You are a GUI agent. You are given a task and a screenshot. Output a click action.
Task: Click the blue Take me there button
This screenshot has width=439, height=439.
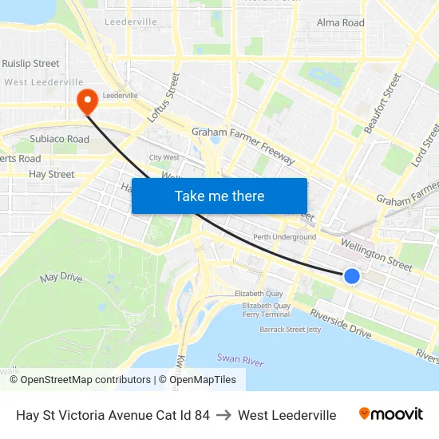click(219, 196)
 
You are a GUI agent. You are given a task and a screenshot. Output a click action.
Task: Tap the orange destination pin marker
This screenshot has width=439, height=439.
click(86, 101)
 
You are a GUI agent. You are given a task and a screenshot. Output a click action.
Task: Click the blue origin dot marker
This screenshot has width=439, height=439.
click(351, 276)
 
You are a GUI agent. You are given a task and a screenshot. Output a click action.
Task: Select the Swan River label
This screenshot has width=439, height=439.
click(239, 361)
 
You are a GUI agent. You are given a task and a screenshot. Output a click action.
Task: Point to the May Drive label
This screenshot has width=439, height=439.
click(61, 278)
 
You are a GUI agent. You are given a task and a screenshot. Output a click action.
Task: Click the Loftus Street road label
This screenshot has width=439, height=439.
click(164, 97)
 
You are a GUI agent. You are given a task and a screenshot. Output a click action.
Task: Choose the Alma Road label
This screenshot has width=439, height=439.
click(341, 22)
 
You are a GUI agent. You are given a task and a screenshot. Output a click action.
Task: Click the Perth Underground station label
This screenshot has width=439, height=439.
click(284, 237)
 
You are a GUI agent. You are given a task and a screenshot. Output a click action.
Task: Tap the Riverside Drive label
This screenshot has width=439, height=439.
click(341, 322)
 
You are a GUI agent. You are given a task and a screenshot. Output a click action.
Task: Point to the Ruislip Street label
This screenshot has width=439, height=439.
click(30, 63)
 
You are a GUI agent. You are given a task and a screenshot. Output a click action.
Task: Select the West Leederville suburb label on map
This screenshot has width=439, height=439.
click(44, 81)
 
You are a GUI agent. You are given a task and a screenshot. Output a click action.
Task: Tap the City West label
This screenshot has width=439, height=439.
click(164, 158)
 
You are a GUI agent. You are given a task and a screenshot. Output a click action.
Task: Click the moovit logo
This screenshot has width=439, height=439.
click(391, 414)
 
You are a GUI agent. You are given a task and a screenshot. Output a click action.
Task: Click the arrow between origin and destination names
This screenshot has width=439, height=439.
click(223, 415)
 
